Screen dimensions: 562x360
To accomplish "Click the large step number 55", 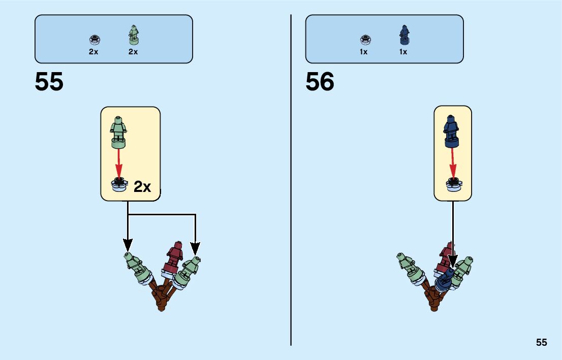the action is point(49,82).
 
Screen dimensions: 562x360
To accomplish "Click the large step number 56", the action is point(320,82).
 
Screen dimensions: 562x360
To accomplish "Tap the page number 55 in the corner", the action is point(541,343).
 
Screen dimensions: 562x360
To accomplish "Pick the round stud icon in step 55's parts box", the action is point(93,39).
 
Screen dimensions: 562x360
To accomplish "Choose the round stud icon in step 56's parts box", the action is point(364,39).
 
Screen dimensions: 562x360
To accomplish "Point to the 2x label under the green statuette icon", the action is point(133,52).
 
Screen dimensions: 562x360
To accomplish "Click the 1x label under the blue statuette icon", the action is point(403,52).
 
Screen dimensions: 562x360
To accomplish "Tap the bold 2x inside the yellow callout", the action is point(142,187).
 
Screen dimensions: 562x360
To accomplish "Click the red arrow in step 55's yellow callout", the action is point(119,163).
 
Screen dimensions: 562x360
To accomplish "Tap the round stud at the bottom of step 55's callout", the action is point(119,185).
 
